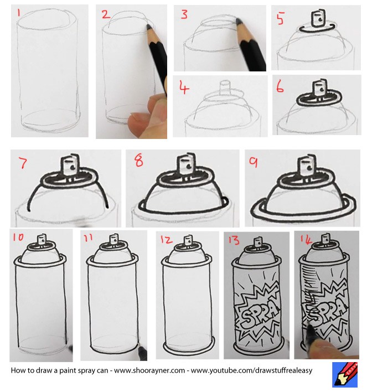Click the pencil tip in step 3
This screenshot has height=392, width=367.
coord(238,20)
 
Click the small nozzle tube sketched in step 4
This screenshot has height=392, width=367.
coord(225,88)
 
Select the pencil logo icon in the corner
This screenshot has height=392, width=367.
coord(344,375)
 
